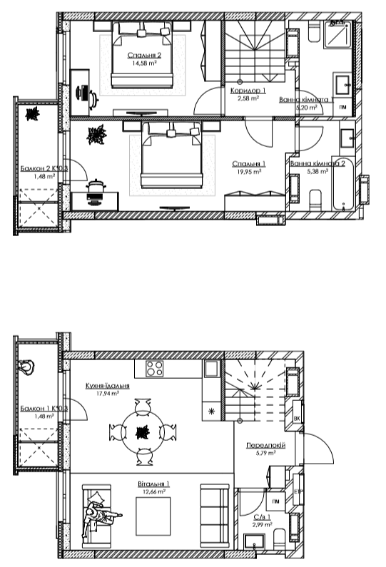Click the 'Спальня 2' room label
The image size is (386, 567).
144,55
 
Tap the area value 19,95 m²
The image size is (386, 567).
248,171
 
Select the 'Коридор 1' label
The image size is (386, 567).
248,91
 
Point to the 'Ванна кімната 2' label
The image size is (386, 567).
318,163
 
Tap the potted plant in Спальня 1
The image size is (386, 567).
95,134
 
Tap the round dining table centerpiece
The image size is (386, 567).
142,431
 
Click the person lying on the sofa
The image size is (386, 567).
100,514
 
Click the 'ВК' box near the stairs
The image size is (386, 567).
296,419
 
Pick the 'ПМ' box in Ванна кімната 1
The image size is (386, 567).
343,107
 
